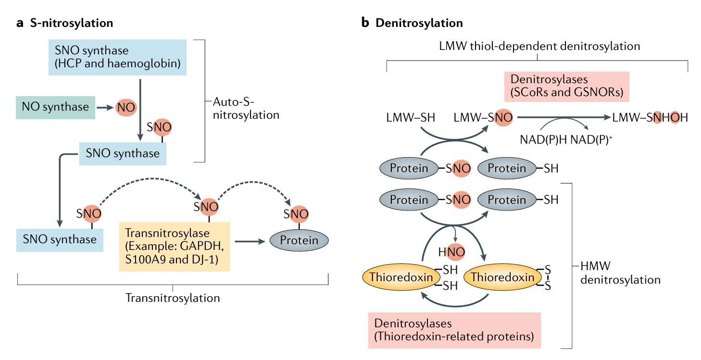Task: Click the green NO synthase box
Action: pyautogui.click(x=55, y=107)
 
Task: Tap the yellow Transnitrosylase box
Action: pyautogui.click(x=174, y=247)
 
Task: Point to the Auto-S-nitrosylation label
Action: pyautogui.click(x=245, y=109)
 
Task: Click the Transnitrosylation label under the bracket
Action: pyautogui.click(x=173, y=298)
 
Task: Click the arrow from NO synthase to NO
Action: pyautogui.click(x=103, y=107)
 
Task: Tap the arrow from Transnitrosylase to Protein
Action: pyautogui.click(x=250, y=240)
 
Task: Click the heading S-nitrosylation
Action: pyautogui.click(x=71, y=23)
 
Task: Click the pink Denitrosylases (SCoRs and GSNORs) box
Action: pyautogui.click(x=567, y=87)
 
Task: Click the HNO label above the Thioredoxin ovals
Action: pyautogui.click(x=451, y=251)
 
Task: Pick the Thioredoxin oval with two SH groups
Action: pyautogui.click(x=401, y=277)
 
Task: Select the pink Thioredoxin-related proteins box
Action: pyautogui.click(x=454, y=330)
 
